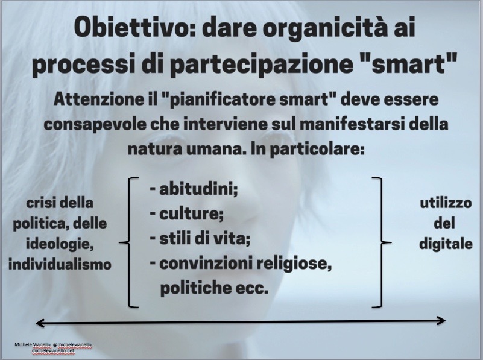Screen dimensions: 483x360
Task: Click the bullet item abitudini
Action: (x=194, y=189)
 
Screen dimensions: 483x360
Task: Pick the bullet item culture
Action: (x=187, y=214)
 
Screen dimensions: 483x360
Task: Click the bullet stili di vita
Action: (x=200, y=239)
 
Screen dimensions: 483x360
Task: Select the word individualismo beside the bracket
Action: (x=60, y=265)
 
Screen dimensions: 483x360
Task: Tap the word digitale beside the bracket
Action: (x=446, y=244)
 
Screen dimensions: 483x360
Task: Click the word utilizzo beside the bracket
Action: (x=446, y=203)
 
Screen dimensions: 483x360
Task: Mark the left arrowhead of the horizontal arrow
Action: (x=39, y=323)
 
